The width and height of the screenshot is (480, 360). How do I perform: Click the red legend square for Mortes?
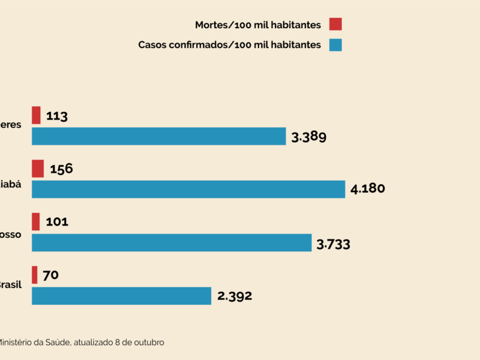click(x=335, y=25)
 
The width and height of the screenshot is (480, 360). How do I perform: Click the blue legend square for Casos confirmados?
click(x=335, y=44)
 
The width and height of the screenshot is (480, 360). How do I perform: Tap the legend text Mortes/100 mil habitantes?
click(x=258, y=25)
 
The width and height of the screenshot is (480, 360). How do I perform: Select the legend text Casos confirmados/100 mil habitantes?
click(x=230, y=44)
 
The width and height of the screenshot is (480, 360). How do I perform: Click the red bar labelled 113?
click(x=36, y=115)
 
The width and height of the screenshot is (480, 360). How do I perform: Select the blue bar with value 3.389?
click(x=158, y=136)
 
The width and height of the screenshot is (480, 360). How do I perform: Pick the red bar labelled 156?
click(x=38, y=169)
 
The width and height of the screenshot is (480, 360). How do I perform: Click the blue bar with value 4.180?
click(x=188, y=189)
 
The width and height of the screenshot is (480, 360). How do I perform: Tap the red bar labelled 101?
click(x=36, y=221)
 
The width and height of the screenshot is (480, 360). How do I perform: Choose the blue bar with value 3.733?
click(x=172, y=242)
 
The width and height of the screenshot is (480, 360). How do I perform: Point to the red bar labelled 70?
click(x=35, y=275)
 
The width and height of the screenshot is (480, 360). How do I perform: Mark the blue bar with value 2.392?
click(x=121, y=296)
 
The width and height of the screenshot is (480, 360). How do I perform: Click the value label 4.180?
click(x=367, y=189)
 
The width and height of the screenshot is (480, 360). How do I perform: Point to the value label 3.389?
click(x=308, y=137)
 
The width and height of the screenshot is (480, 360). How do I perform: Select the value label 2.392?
click(x=235, y=296)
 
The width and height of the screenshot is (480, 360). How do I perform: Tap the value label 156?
click(x=61, y=169)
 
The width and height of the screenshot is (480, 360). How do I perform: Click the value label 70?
click(x=50, y=275)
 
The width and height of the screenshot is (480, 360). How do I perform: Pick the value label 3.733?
click(x=333, y=244)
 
